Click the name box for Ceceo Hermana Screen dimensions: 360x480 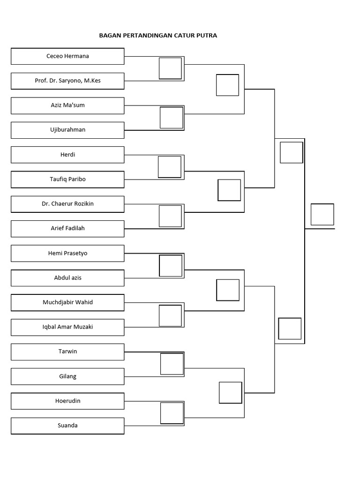click(x=67, y=56)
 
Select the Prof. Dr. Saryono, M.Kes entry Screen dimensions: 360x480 click(x=67, y=81)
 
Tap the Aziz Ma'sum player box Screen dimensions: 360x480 click(x=67, y=105)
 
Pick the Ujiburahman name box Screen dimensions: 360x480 click(x=67, y=130)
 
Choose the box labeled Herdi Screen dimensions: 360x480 click(x=67, y=155)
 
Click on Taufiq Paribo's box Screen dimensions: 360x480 click(x=67, y=180)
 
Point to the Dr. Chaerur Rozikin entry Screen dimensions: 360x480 click(x=67, y=204)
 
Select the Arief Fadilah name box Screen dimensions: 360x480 click(x=67, y=229)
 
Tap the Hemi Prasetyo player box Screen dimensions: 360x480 click(x=67, y=254)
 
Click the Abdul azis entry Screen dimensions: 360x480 click(x=67, y=278)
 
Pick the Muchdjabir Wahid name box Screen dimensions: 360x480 click(x=67, y=303)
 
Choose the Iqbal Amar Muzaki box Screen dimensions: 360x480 click(x=67, y=327)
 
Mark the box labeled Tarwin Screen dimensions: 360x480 click(x=67, y=352)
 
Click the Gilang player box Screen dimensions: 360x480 click(x=67, y=376)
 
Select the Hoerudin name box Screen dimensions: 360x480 click(x=67, y=401)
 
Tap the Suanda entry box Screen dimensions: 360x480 click(x=67, y=426)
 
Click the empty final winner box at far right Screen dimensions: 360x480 click(x=322, y=215)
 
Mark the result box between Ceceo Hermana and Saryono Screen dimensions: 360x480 click(x=170, y=68)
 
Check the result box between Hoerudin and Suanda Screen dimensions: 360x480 click(x=172, y=413)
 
